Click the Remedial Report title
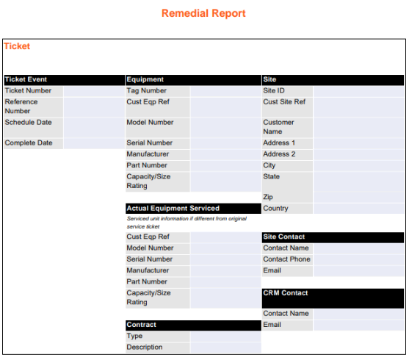tap(203, 13)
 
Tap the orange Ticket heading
tap(17, 46)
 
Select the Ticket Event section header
tap(26, 79)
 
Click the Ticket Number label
tap(28, 90)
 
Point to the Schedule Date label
tap(28, 122)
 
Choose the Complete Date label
tap(28, 143)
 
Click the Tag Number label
tap(146, 90)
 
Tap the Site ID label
tap(274, 90)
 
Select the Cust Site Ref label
tap(284, 101)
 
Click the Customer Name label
tap(278, 126)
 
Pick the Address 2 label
tap(279, 154)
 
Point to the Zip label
tap(268, 197)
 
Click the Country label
tap(275, 208)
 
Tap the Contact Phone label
tap(286, 259)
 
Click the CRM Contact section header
tap(285, 292)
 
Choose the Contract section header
tap(141, 324)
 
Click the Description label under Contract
tap(145, 347)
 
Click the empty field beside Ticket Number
tap(93, 90)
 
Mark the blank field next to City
tap(358, 165)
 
